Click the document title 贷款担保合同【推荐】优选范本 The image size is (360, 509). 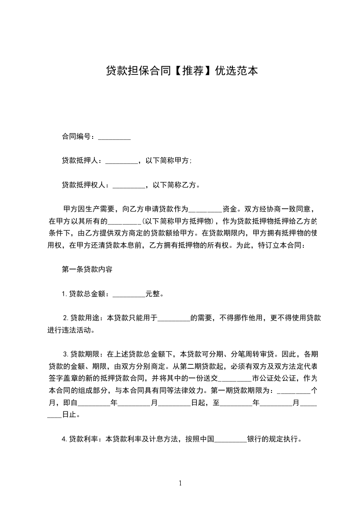[182, 71]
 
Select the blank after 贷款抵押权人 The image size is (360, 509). [128, 185]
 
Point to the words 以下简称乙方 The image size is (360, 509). [175, 185]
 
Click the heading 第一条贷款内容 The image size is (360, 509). [84, 269]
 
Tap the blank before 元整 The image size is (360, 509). [128, 294]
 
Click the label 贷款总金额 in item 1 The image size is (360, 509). [86, 294]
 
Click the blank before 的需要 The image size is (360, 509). [173, 318]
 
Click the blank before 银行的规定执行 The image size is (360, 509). [230, 439]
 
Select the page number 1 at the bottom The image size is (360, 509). [180, 483]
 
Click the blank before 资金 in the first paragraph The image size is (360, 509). [205, 209]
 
